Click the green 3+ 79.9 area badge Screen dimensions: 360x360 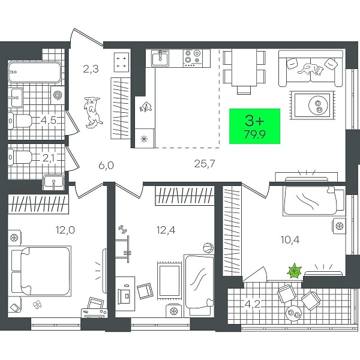[x=254, y=126]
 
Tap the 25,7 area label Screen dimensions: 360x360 [x=205, y=164]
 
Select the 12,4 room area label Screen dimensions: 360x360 [x=166, y=230]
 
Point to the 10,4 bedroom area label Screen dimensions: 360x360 [x=290, y=239]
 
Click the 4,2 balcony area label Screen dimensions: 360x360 [x=253, y=304]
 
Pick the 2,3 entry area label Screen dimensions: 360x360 [x=91, y=68]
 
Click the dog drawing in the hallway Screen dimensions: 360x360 [x=93, y=112]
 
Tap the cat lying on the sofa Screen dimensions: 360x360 [x=311, y=69]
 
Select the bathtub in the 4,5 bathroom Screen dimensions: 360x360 [x=35, y=73]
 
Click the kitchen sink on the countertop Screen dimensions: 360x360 [x=160, y=58]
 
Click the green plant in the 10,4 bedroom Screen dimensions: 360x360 [x=295, y=271]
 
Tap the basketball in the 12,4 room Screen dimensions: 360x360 [x=208, y=248]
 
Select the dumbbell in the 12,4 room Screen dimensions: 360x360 [x=123, y=230]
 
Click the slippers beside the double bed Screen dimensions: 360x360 [x=37, y=305]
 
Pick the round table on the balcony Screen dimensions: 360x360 [x=293, y=313]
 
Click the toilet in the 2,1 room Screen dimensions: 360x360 [x=20, y=157]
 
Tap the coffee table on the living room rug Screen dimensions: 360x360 [x=313, y=105]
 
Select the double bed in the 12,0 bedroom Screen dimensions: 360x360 [x=40, y=271]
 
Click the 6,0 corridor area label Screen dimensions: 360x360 [x=106, y=165]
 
